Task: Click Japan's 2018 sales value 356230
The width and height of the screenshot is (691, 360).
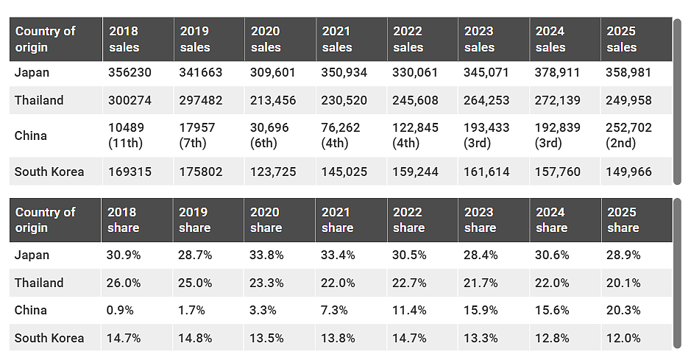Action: (130, 72)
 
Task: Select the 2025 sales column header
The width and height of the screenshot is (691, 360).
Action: (621, 39)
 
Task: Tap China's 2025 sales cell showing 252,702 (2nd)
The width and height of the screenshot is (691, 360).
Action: (628, 135)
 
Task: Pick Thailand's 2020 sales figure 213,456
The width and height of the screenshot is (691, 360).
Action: (273, 100)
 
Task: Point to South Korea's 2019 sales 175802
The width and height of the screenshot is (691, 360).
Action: (200, 172)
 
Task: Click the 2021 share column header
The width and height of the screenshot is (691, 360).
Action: (337, 220)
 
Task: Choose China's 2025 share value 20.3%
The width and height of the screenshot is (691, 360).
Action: (623, 310)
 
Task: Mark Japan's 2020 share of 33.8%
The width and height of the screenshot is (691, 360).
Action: (266, 255)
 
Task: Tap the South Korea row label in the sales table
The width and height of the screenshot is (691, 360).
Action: (49, 172)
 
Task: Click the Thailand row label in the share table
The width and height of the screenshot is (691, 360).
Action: (39, 283)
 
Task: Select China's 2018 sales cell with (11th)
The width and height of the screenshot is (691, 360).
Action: (126, 135)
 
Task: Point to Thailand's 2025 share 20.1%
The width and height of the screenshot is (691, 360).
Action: (623, 283)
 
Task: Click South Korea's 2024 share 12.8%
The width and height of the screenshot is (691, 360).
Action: (552, 339)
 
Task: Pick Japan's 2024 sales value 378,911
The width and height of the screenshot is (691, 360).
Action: (557, 72)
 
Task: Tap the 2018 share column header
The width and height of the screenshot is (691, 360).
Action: (123, 220)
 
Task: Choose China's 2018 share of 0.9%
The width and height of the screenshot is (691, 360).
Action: (120, 310)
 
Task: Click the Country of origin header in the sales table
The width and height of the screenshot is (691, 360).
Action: (45, 39)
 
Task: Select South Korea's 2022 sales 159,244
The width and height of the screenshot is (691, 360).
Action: (415, 172)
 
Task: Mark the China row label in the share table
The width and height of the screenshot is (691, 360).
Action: (30, 310)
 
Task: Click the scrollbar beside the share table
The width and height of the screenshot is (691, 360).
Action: (677, 273)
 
